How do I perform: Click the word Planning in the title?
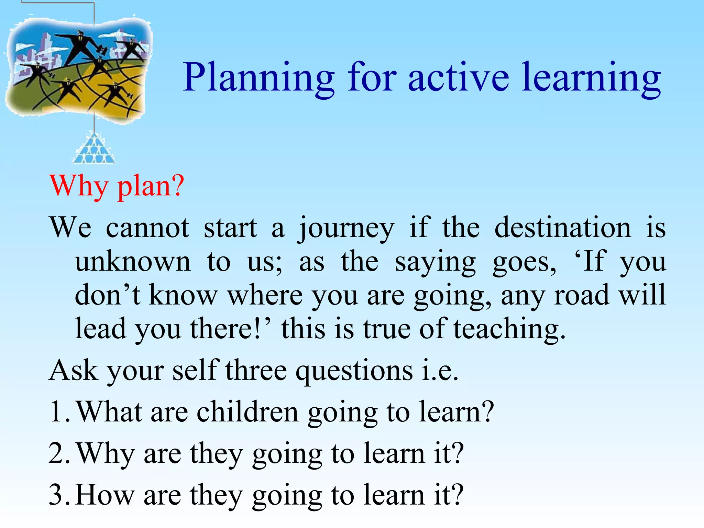coord(258,78)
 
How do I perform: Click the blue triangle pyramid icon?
coord(94,149)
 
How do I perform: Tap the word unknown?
coord(132,262)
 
